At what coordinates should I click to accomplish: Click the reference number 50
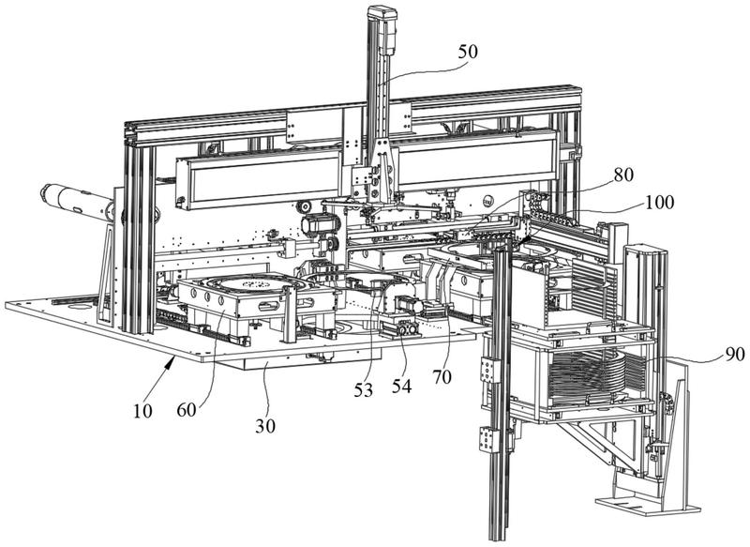pyautogui.click(x=467, y=52)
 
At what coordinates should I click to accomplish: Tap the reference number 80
pyautogui.click(x=622, y=175)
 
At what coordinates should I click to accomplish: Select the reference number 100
pyautogui.click(x=659, y=202)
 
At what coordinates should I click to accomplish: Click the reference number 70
pyautogui.click(x=442, y=377)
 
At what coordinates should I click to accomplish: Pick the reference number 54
pyautogui.click(x=402, y=387)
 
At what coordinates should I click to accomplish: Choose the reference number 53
pyautogui.click(x=363, y=390)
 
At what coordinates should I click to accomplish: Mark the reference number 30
pyautogui.click(x=265, y=425)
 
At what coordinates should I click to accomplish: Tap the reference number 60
pyautogui.click(x=187, y=410)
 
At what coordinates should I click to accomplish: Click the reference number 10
pyautogui.click(x=142, y=411)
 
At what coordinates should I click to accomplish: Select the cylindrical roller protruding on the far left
pyautogui.click(x=77, y=203)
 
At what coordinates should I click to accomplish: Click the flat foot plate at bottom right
pyautogui.click(x=648, y=505)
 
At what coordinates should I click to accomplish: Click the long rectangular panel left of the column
pyautogui.click(x=260, y=179)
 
